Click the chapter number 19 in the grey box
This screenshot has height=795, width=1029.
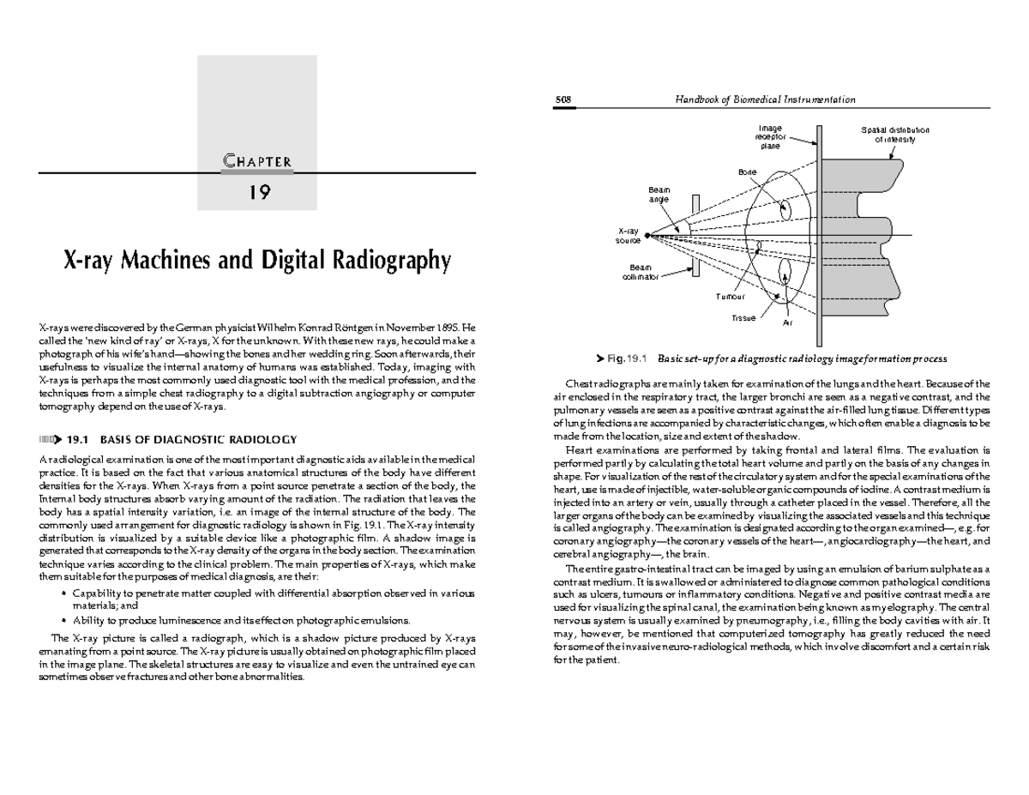(x=258, y=192)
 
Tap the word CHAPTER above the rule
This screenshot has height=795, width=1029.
(x=258, y=160)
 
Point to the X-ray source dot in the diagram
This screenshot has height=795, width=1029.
(x=647, y=235)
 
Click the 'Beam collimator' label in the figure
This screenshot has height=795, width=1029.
(x=641, y=273)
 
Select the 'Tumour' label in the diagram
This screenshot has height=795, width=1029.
(x=730, y=296)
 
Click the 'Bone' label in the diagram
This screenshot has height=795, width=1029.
(x=747, y=172)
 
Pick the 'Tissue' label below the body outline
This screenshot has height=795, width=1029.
(x=743, y=318)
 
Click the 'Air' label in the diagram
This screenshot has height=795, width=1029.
(x=788, y=324)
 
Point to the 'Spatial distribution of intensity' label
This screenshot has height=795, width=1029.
(x=894, y=135)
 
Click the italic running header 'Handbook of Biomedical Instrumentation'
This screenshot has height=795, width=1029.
(x=765, y=99)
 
